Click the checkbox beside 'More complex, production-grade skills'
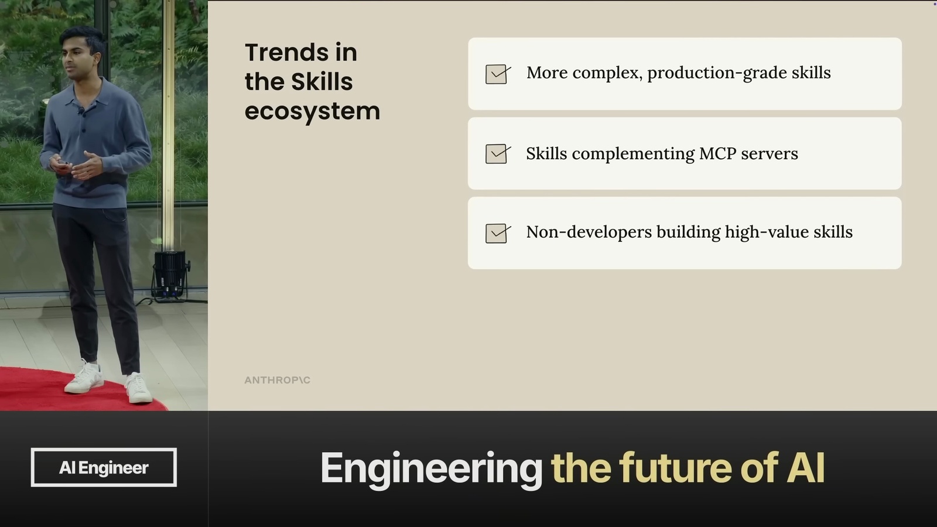coord(498,74)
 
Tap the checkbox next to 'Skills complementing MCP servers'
coord(498,153)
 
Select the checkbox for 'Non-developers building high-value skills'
coord(498,233)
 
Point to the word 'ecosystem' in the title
coord(313,111)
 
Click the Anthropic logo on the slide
coord(278,380)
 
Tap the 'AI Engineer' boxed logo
coord(104,467)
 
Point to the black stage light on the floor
coord(170,275)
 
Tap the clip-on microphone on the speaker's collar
coord(80,111)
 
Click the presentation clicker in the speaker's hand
coord(63,165)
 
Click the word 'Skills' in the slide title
coord(322,81)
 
